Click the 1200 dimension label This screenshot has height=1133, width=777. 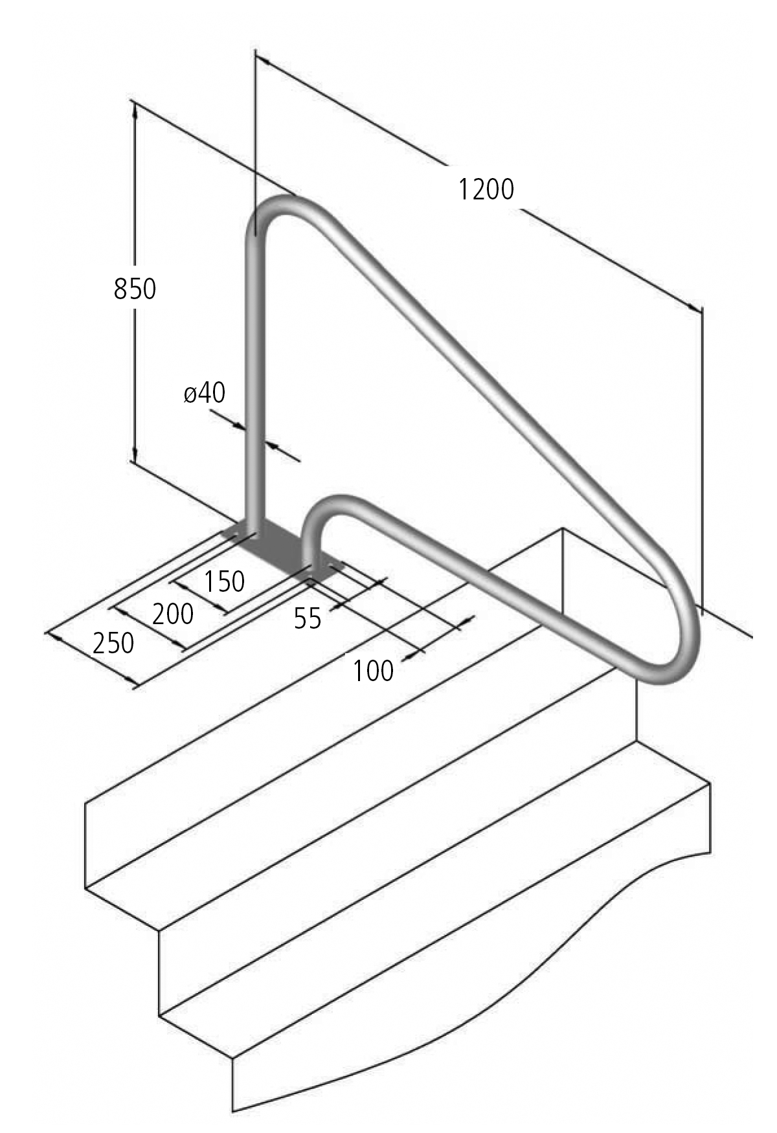click(486, 190)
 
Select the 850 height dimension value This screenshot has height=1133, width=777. click(135, 289)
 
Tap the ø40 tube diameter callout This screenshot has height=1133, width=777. click(205, 392)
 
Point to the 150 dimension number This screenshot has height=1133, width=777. click(225, 581)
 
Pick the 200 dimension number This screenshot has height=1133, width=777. click(173, 613)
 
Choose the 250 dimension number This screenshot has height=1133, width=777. click(113, 644)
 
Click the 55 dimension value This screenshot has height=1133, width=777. click(308, 619)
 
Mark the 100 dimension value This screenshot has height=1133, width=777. click(373, 671)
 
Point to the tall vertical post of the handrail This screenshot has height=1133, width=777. click(254, 388)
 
